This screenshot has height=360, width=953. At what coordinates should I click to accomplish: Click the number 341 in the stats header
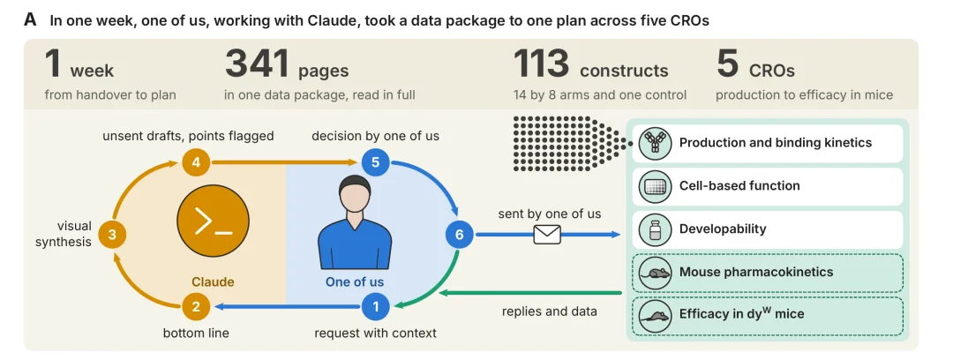[x=257, y=64]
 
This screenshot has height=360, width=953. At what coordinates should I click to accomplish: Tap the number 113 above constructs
[x=542, y=64]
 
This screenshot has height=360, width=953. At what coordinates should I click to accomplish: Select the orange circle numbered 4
[x=196, y=162]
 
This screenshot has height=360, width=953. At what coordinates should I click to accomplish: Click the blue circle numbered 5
[x=375, y=162]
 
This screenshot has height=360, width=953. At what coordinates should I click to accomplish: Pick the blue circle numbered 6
[x=460, y=235]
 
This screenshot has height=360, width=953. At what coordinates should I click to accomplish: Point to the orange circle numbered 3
[x=112, y=235]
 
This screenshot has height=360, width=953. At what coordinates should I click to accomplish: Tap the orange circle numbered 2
[x=196, y=306]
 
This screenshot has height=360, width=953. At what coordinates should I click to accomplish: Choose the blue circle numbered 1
[x=375, y=306]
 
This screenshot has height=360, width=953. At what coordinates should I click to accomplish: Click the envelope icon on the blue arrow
[x=547, y=234]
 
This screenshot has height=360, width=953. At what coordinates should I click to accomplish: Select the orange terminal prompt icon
[x=213, y=221]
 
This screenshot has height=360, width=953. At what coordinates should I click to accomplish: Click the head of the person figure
[x=355, y=195]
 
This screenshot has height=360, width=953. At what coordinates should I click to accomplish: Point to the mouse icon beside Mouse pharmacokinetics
[x=655, y=273]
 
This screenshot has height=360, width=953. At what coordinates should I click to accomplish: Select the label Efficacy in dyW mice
[x=741, y=314]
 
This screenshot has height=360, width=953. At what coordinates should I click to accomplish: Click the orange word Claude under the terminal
[x=213, y=282]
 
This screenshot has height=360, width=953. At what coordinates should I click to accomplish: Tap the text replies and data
[x=550, y=311]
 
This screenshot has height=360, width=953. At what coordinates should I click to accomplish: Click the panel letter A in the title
[x=30, y=20]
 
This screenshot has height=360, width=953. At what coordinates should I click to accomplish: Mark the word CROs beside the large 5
[x=772, y=71]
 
